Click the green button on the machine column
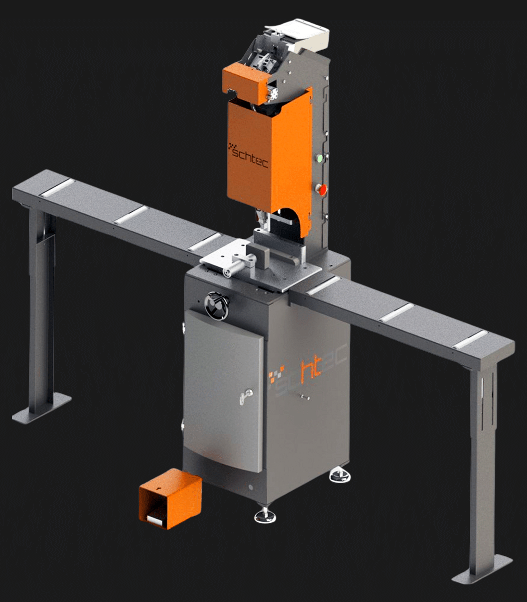click(x=320, y=159)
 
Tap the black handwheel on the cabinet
click(x=217, y=305)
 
